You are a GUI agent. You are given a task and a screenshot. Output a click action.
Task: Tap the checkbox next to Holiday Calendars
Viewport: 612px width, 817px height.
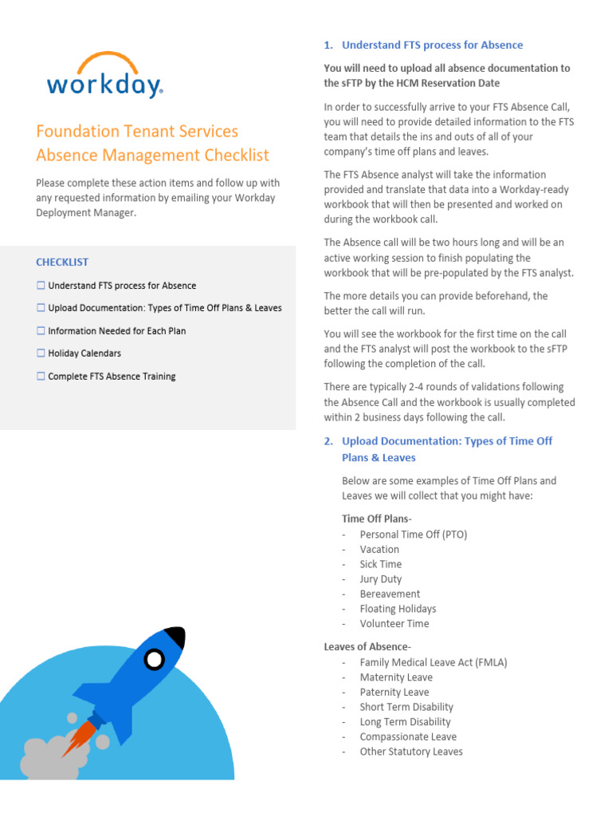pyautogui.click(x=41, y=353)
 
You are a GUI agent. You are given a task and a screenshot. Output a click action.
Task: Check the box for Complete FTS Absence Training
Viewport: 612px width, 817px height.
pyautogui.click(x=41, y=377)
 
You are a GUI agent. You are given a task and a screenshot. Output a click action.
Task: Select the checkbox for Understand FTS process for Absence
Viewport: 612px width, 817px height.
pyautogui.click(x=41, y=286)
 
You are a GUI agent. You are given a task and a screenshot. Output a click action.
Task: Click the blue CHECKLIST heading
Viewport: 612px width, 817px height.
pyautogui.click(x=62, y=262)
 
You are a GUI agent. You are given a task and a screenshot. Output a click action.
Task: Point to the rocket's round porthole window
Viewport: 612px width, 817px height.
pyautogui.click(x=154, y=659)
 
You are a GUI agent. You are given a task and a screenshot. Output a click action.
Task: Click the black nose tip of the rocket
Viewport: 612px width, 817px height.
pyautogui.click(x=177, y=637)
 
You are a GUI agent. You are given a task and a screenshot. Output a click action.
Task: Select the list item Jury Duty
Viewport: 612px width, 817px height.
pyautogui.click(x=380, y=579)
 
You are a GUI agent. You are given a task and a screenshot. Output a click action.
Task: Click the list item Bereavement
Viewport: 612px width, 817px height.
pyautogui.click(x=390, y=594)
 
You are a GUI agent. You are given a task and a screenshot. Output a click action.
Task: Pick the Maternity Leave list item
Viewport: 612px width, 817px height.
pyautogui.click(x=396, y=677)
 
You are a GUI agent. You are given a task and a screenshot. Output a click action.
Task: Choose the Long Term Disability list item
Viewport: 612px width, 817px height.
pyautogui.click(x=405, y=722)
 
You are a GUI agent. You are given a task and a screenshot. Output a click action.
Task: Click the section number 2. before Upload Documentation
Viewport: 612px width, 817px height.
pyautogui.click(x=328, y=441)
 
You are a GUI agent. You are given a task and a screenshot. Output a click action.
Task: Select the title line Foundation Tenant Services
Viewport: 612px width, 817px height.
pyautogui.click(x=137, y=131)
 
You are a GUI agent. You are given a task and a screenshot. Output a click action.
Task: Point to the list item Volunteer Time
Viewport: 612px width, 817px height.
pyautogui.click(x=394, y=624)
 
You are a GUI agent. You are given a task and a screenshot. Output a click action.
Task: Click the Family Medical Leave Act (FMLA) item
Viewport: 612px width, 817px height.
pyautogui.click(x=433, y=662)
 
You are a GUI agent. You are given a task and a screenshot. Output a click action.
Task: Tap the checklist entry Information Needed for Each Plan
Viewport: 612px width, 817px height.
pyautogui.click(x=116, y=331)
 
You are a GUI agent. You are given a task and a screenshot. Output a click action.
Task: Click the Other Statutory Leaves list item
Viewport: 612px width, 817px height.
pyautogui.click(x=410, y=752)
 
